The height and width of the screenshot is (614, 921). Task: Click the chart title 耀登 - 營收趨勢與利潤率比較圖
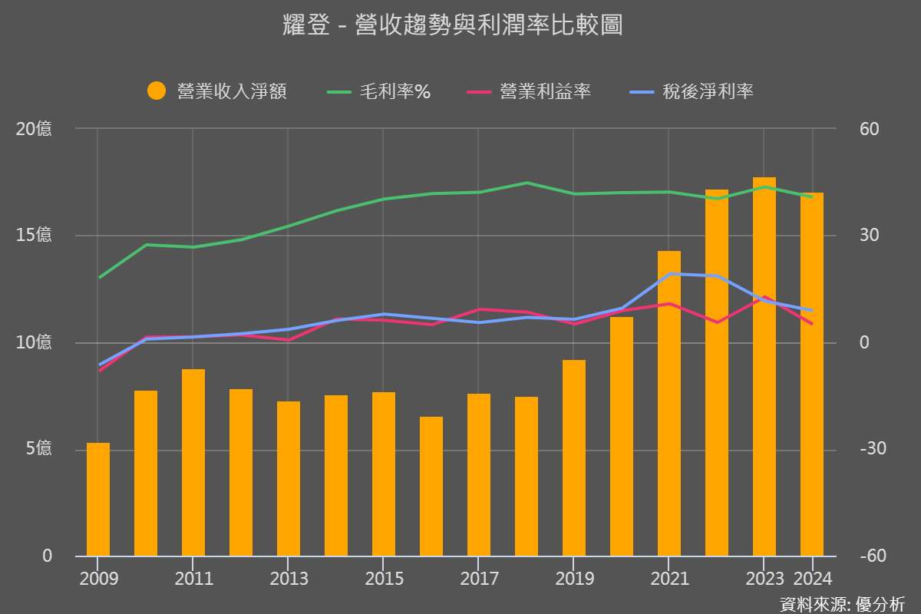pos(452,25)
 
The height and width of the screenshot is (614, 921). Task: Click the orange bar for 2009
pos(98,499)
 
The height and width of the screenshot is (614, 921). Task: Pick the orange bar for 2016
pos(431,487)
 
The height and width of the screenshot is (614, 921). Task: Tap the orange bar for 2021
pos(669,404)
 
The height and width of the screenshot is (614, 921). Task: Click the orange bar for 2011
pos(193,462)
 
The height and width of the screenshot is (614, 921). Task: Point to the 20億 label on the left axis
pos(35,129)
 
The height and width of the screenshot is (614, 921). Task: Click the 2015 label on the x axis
pos(384,578)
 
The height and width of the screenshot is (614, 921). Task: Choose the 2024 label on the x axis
pos(811,578)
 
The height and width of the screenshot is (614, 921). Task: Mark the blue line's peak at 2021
pos(669,273)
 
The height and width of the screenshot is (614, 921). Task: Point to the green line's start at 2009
pos(99,277)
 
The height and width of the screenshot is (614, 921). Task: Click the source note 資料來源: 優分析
pos(842,603)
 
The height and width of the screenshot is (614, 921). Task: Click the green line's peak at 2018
pos(527,183)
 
